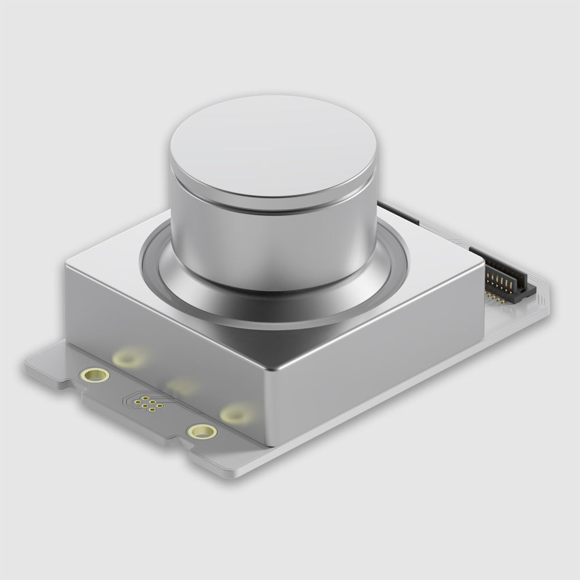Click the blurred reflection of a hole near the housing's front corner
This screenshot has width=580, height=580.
pos(237,413)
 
